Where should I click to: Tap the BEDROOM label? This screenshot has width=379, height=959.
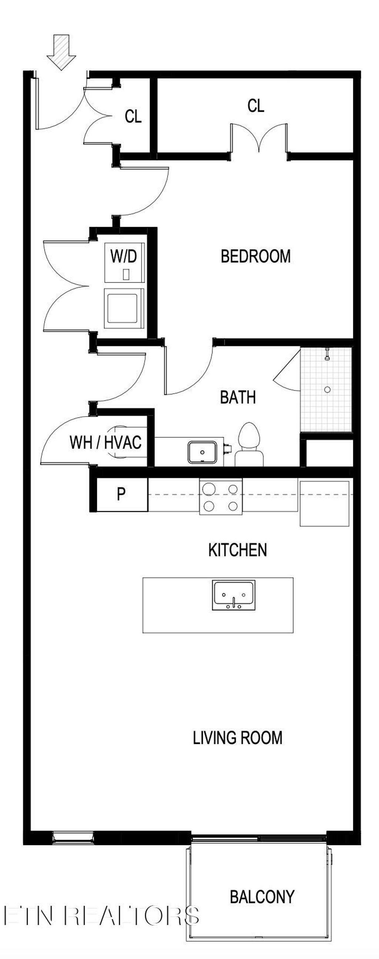255,256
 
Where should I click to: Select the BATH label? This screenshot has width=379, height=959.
238,397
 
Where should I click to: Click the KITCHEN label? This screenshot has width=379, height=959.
238,550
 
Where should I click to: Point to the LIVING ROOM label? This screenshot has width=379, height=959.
238,737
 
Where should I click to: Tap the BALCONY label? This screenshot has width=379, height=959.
262,897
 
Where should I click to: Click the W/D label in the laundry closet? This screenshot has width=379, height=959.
124,256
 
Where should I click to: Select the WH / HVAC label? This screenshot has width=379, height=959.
105,442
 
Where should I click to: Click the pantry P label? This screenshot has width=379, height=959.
121,494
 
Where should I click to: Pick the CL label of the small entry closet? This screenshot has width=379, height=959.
133,117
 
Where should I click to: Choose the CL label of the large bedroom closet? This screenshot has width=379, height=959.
256,106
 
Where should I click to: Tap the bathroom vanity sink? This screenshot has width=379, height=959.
202,452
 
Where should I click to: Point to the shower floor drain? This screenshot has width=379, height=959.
327,390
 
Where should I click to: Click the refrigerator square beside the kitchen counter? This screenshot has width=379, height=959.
324,503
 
